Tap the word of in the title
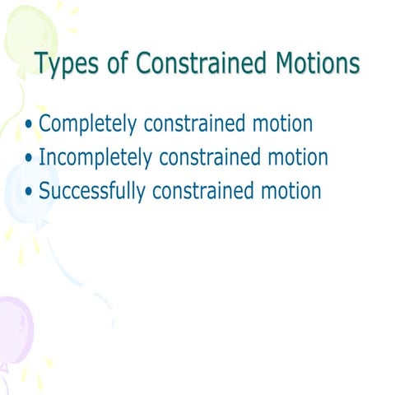coord(117,63)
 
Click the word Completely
coord(89,125)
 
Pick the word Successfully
coord(93,192)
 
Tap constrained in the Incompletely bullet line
coord(216,158)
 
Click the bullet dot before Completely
coord(30,126)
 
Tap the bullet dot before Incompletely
coord(30,159)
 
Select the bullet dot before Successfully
coord(30,193)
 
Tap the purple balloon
coord(15,329)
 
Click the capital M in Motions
coord(284,63)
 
